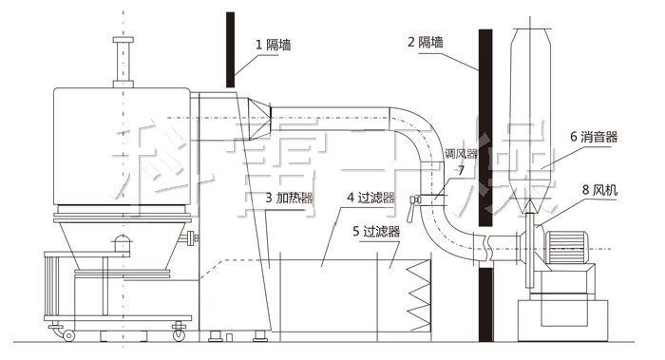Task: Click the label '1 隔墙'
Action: [274, 45]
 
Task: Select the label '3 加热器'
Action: [290, 199]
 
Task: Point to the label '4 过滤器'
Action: [371, 199]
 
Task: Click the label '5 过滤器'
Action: [375, 230]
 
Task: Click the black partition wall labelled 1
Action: [230, 47]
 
